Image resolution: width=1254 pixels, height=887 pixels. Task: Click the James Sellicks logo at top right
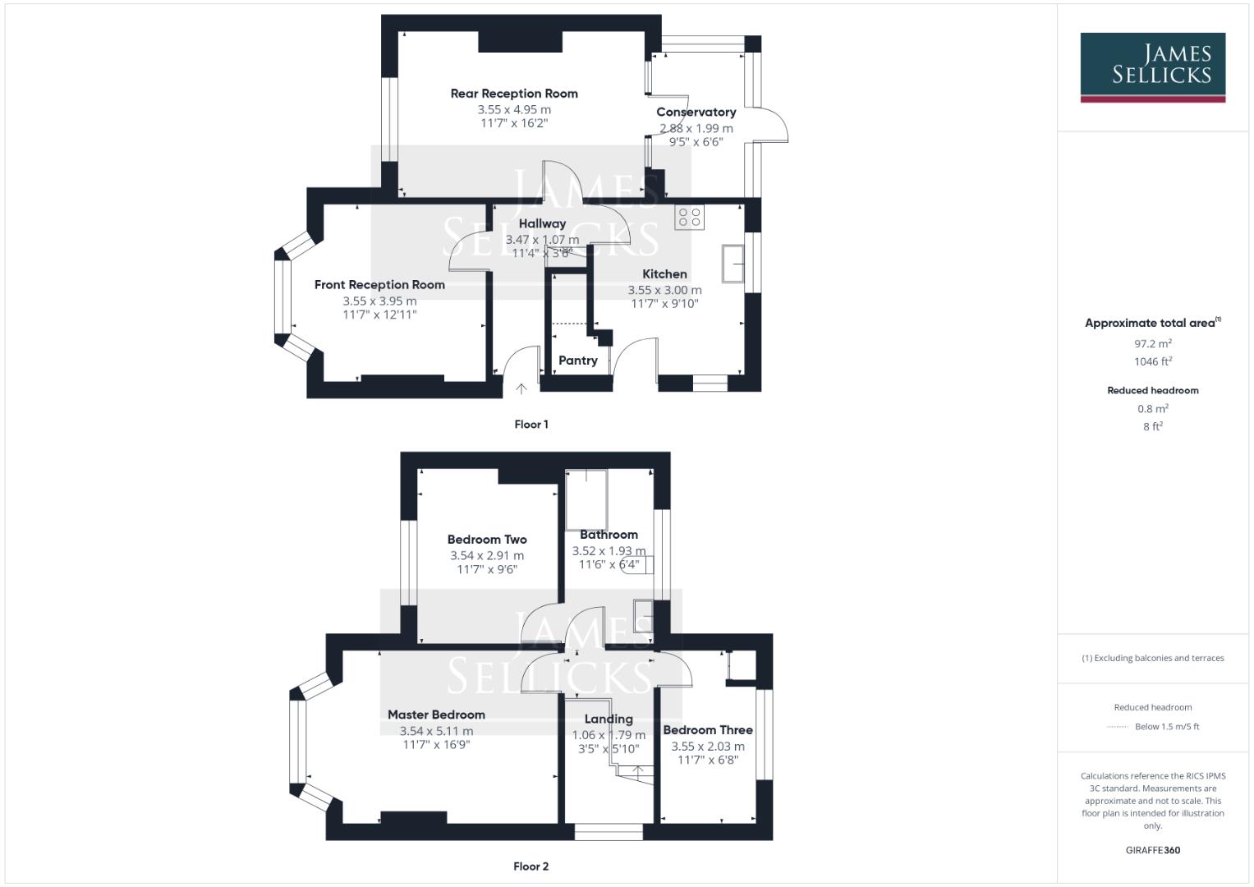tap(1152, 67)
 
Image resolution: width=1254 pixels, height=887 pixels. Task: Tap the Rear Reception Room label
tap(514, 94)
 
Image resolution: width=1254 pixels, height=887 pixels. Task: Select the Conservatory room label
tap(696, 112)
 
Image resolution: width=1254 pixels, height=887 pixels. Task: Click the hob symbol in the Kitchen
tap(689, 217)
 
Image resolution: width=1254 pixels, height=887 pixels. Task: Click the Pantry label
tap(577, 361)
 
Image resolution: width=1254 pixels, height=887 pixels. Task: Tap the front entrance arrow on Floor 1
tap(521, 388)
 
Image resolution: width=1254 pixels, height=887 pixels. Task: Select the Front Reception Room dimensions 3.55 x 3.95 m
tap(379, 301)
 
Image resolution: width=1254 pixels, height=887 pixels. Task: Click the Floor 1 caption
tap(531, 425)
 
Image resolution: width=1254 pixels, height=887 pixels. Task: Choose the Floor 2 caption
tap(531, 866)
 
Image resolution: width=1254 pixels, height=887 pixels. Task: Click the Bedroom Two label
tap(487, 540)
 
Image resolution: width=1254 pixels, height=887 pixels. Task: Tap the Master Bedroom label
tap(436, 715)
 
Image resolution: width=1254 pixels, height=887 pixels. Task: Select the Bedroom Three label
tap(708, 730)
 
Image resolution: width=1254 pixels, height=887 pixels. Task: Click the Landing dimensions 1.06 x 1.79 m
tap(609, 735)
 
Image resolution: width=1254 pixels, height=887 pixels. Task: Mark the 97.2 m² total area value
tap(1152, 344)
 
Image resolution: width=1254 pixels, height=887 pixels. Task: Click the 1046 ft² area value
tap(1152, 361)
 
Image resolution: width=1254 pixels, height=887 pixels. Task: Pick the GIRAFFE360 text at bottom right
tap(1152, 850)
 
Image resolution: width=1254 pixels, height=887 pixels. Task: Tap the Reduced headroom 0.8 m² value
tap(1152, 409)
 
